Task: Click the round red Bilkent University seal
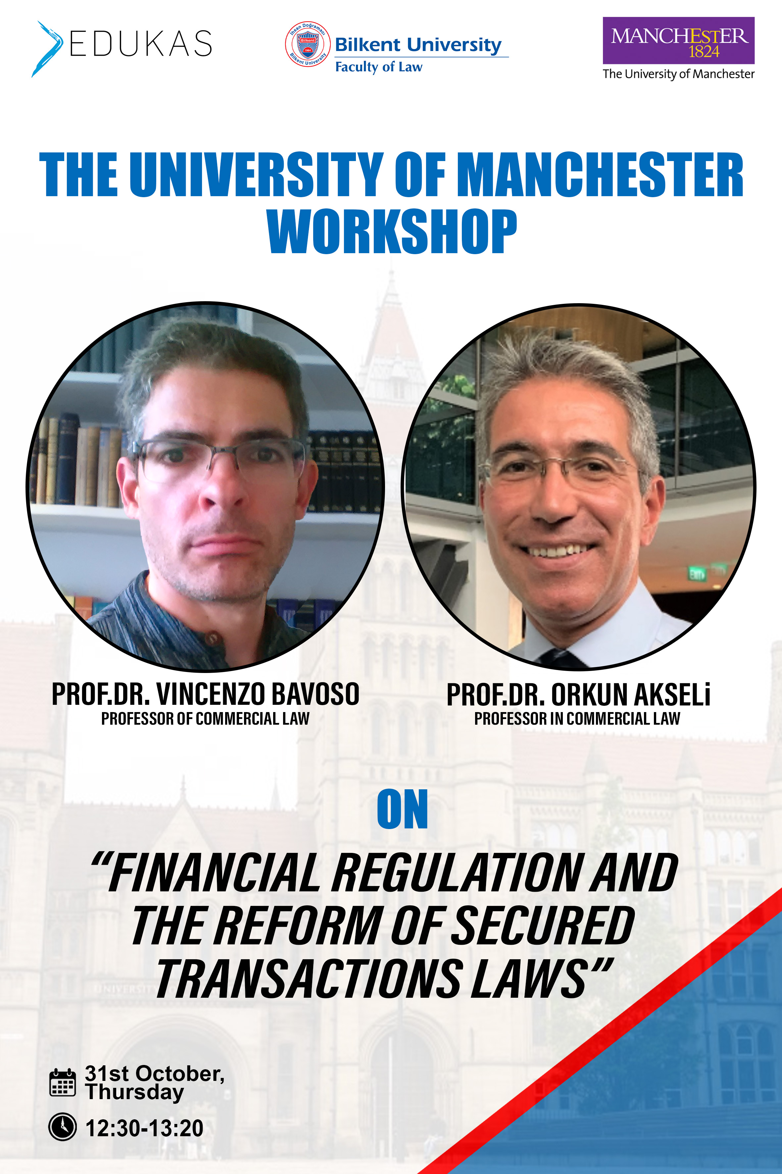307,44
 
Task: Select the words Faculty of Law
378,67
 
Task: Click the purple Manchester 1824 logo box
678,40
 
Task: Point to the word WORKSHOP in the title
392,231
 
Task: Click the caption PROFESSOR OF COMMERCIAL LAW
206,718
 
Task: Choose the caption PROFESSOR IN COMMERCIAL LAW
577,718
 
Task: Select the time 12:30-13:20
145,1128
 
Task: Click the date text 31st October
155,1074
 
